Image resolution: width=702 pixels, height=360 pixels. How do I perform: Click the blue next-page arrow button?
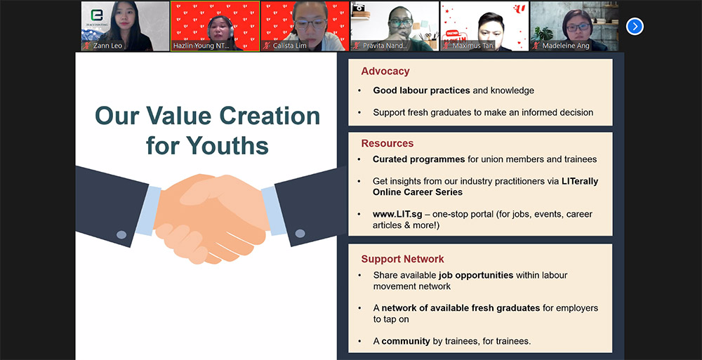635,27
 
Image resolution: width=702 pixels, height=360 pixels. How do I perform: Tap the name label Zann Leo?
107,46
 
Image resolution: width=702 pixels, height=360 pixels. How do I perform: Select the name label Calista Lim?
290,46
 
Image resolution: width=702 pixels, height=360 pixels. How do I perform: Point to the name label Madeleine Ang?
566,46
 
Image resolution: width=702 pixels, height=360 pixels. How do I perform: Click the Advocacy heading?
385,71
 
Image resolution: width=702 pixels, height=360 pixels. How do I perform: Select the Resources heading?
388,143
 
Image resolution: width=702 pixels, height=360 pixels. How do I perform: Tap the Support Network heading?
402,259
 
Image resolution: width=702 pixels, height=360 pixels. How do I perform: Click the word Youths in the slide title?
227,145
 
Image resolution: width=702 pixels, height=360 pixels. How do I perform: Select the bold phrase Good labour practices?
422,91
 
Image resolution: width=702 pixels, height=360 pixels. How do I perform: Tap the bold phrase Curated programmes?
418,159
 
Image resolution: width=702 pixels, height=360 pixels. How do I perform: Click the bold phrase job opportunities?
476,275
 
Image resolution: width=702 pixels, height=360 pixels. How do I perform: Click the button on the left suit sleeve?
121,234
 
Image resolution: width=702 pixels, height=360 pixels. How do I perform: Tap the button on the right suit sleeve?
300,233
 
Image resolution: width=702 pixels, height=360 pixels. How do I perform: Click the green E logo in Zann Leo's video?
97,15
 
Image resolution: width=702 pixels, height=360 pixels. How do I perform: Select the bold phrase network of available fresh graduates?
461,308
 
